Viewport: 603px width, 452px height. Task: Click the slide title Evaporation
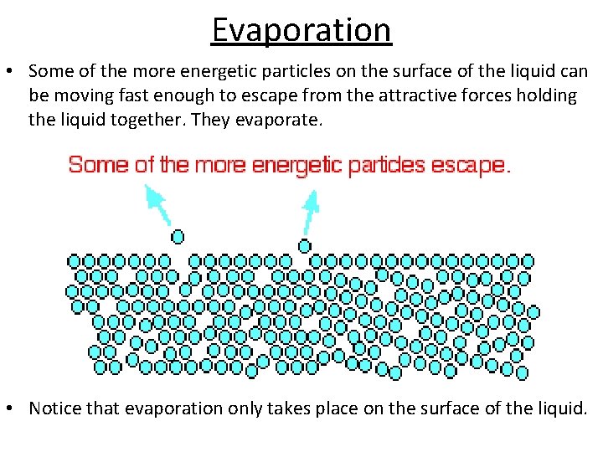point(301,30)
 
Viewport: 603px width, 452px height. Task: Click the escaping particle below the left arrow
point(178,237)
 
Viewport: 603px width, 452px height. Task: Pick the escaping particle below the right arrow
point(305,245)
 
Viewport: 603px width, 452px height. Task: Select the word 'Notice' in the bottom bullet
point(56,408)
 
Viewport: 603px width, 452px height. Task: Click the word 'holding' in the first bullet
point(546,95)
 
